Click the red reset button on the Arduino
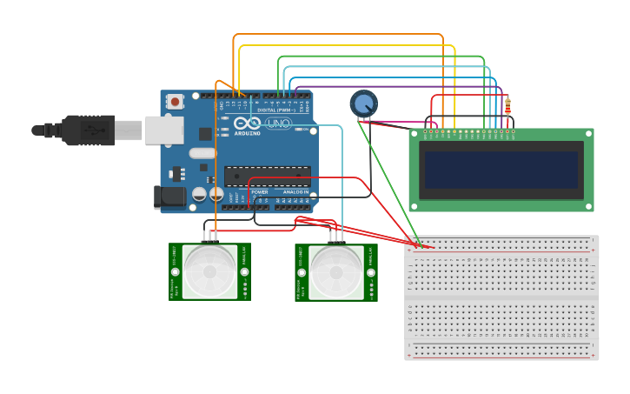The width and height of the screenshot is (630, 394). pyautogui.click(x=176, y=102)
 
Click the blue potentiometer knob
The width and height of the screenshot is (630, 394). pyautogui.click(x=363, y=104)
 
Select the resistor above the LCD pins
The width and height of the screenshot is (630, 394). pyautogui.click(x=507, y=106)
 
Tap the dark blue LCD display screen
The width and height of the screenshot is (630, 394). pyautogui.click(x=500, y=170)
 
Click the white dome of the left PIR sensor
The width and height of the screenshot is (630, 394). pyautogui.click(x=209, y=271)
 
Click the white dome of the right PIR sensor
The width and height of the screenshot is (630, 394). pyautogui.click(x=336, y=271)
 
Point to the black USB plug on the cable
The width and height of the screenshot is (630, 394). pyautogui.click(x=87, y=130)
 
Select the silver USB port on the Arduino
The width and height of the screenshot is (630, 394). pyautogui.click(x=163, y=130)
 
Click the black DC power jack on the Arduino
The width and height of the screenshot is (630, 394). pyautogui.click(x=169, y=197)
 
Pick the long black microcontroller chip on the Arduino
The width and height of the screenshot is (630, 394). pyautogui.click(x=267, y=176)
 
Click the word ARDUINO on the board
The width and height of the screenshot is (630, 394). pyautogui.click(x=248, y=134)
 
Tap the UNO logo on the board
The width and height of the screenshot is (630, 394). pyautogui.click(x=278, y=124)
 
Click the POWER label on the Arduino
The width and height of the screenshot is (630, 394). pyautogui.click(x=259, y=191)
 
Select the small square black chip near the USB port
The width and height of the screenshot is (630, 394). pyautogui.click(x=205, y=134)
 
